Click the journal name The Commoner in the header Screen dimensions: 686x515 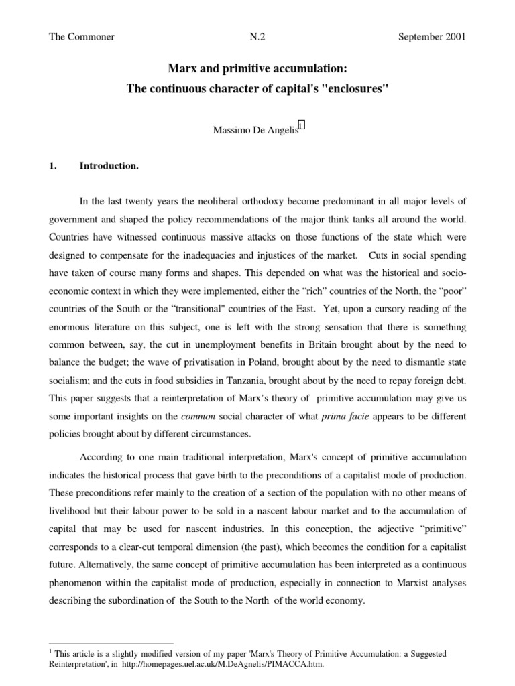click(82, 37)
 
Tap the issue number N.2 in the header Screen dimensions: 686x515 click(257, 37)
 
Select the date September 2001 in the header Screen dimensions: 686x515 click(432, 37)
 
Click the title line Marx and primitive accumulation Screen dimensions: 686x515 click(257, 68)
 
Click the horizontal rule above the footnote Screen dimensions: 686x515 click(111, 642)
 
